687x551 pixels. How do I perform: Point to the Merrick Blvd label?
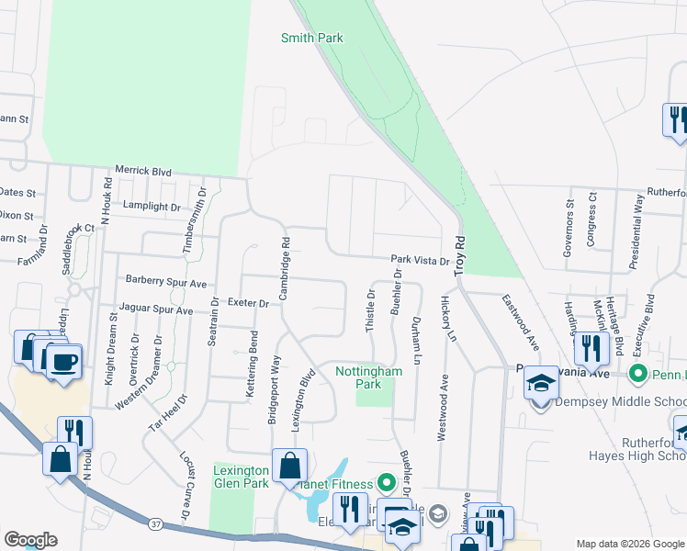click(143, 171)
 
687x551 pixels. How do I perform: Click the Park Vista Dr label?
click(419, 261)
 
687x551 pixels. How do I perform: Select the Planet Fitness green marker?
click(386, 482)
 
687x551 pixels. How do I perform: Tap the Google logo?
click(30, 540)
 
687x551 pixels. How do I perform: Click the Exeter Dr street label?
click(248, 302)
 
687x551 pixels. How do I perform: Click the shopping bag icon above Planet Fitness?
click(289, 465)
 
